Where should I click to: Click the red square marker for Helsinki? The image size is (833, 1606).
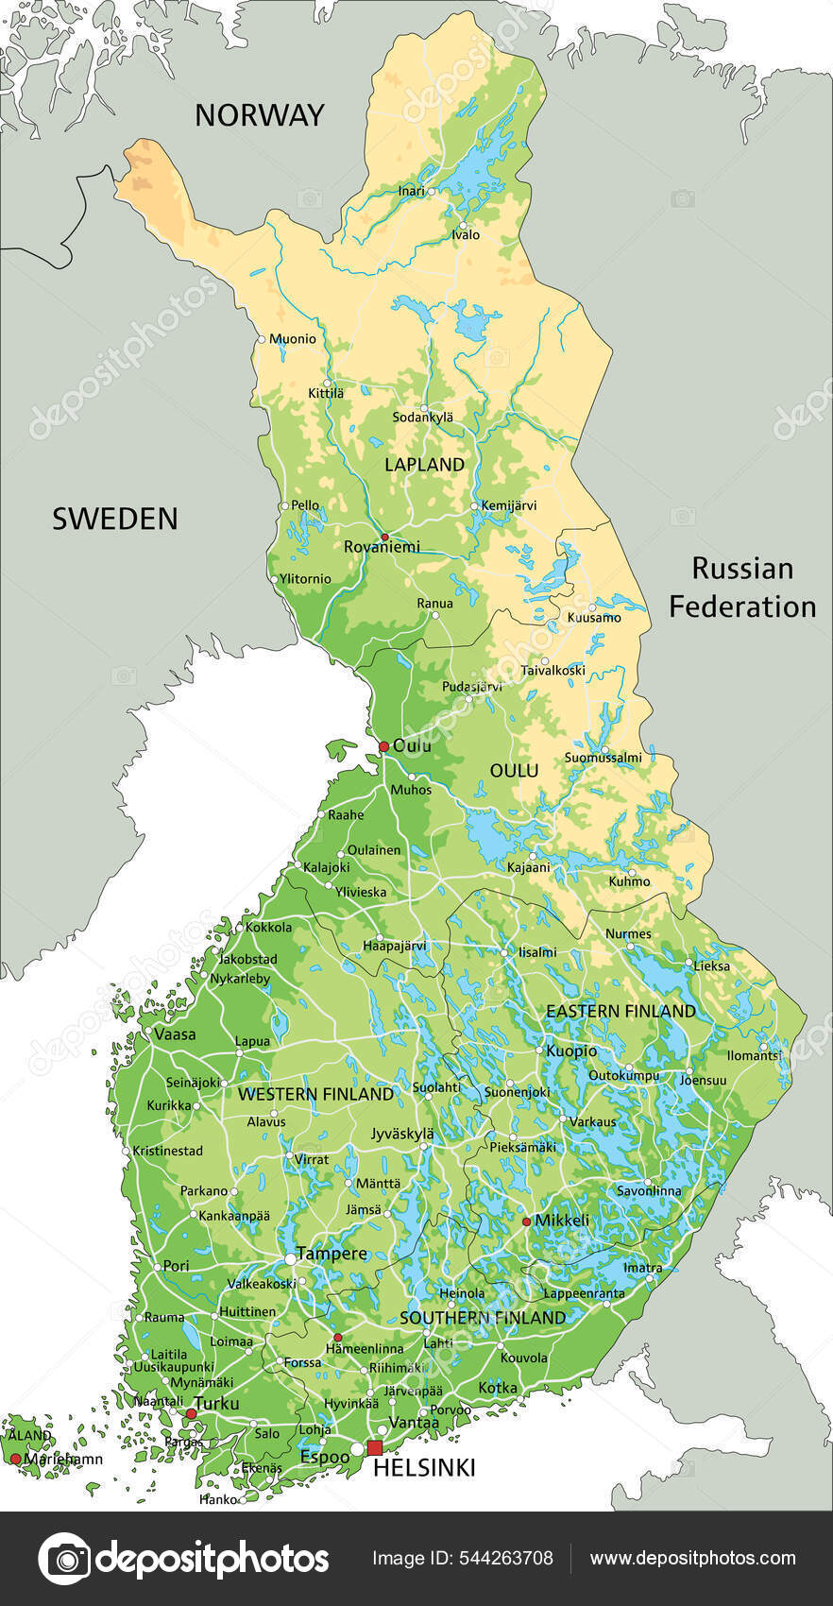coord(375,1448)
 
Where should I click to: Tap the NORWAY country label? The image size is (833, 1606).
coord(259,115)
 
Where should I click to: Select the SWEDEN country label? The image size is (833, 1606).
coord(114,519)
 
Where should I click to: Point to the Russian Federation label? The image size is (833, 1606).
coord(742,587)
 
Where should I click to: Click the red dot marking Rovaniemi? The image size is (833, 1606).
coord(384,537)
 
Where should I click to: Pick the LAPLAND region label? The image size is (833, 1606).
coord(424,464)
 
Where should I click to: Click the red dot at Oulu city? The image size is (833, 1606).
coord(383,746)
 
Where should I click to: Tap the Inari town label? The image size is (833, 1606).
coord(411,191)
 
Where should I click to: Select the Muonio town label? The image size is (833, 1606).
coord(293,338)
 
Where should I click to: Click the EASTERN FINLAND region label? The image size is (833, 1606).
coord(620,1011)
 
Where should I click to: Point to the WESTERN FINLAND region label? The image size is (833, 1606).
coord(315,1094)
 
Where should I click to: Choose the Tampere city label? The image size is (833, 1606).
coord(331,1254)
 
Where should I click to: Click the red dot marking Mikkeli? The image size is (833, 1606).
coord(526,1222)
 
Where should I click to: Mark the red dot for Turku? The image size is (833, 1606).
coord(191,1413)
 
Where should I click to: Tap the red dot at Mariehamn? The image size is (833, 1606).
coord(15,1460)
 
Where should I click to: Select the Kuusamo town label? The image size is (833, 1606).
coord(593,618)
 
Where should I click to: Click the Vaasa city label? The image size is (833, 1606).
coord(175,1034)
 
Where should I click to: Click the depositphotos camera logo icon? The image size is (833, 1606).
coord(64,1558)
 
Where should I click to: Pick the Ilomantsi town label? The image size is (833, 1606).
coord(754,1055)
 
